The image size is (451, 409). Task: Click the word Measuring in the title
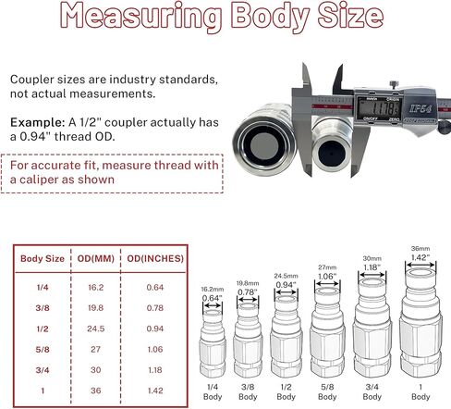point(141,16)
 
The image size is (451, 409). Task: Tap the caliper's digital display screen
point(378,108)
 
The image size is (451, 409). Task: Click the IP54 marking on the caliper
point(420,108)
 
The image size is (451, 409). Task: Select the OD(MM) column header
point(95,258)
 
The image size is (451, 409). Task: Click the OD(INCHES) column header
point(155,258)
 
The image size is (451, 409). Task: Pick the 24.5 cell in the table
point(95,328)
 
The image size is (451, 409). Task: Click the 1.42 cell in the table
point(155,390)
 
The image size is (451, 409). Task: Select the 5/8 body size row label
point(43,350)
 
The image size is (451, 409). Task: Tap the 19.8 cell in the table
point(95,308)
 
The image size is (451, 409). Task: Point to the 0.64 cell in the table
point(155,288)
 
